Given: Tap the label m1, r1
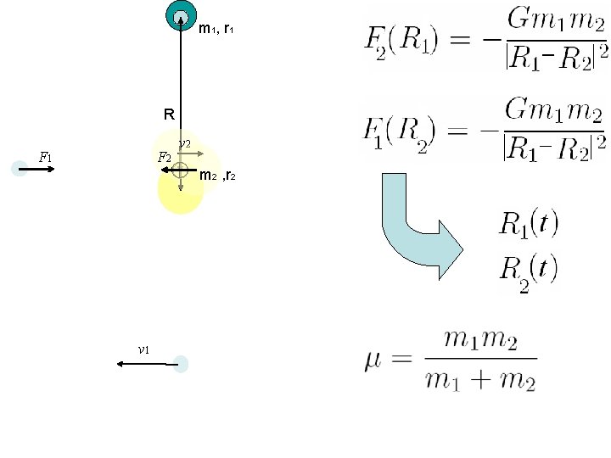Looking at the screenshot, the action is coord(216,29).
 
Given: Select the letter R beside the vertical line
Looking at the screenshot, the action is coord(169,114).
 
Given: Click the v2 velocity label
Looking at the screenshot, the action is coord(185,144).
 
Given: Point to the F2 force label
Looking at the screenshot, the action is coord(165,158).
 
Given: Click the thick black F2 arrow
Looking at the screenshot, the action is coord(179,170).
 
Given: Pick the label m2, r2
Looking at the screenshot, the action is coord(217,176).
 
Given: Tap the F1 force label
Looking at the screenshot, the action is coord(45,158).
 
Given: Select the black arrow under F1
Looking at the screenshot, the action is coord(36,169).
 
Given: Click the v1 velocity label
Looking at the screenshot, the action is coord(143,349).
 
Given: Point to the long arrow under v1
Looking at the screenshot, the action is coord(148,364).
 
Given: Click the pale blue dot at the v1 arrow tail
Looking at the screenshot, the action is coord(181,364).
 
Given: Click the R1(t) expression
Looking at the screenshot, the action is coord(529,224).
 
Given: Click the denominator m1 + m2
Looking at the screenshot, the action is coord(480,380).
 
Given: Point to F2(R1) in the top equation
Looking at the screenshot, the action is coord(401,42).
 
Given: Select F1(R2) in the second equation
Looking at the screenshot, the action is coord(399,133).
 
